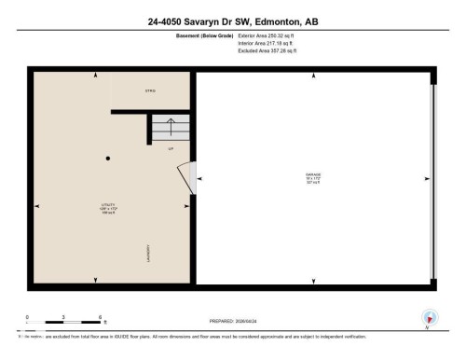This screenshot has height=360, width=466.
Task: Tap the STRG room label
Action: [149, 90]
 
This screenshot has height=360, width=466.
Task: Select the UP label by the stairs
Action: [171, 148]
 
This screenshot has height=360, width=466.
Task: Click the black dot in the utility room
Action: [108, 159]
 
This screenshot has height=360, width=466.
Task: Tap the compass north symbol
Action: [428, 318]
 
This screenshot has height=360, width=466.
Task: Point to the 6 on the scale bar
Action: [100, 317]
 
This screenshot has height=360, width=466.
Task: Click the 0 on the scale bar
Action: [28, 317]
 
